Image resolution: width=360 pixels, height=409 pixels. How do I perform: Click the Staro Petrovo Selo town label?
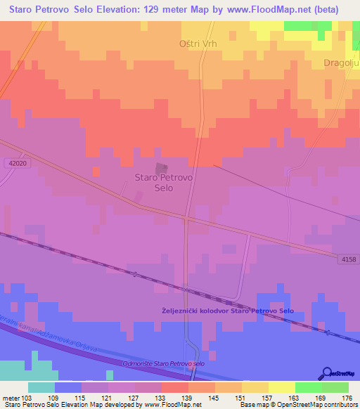click(163, 183)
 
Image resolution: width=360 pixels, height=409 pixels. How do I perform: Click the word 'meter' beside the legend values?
click(12, 397)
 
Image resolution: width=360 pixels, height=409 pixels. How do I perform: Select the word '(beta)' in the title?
click(323, 10)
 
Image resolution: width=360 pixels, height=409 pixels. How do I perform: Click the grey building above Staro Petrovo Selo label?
click(162, 169)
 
